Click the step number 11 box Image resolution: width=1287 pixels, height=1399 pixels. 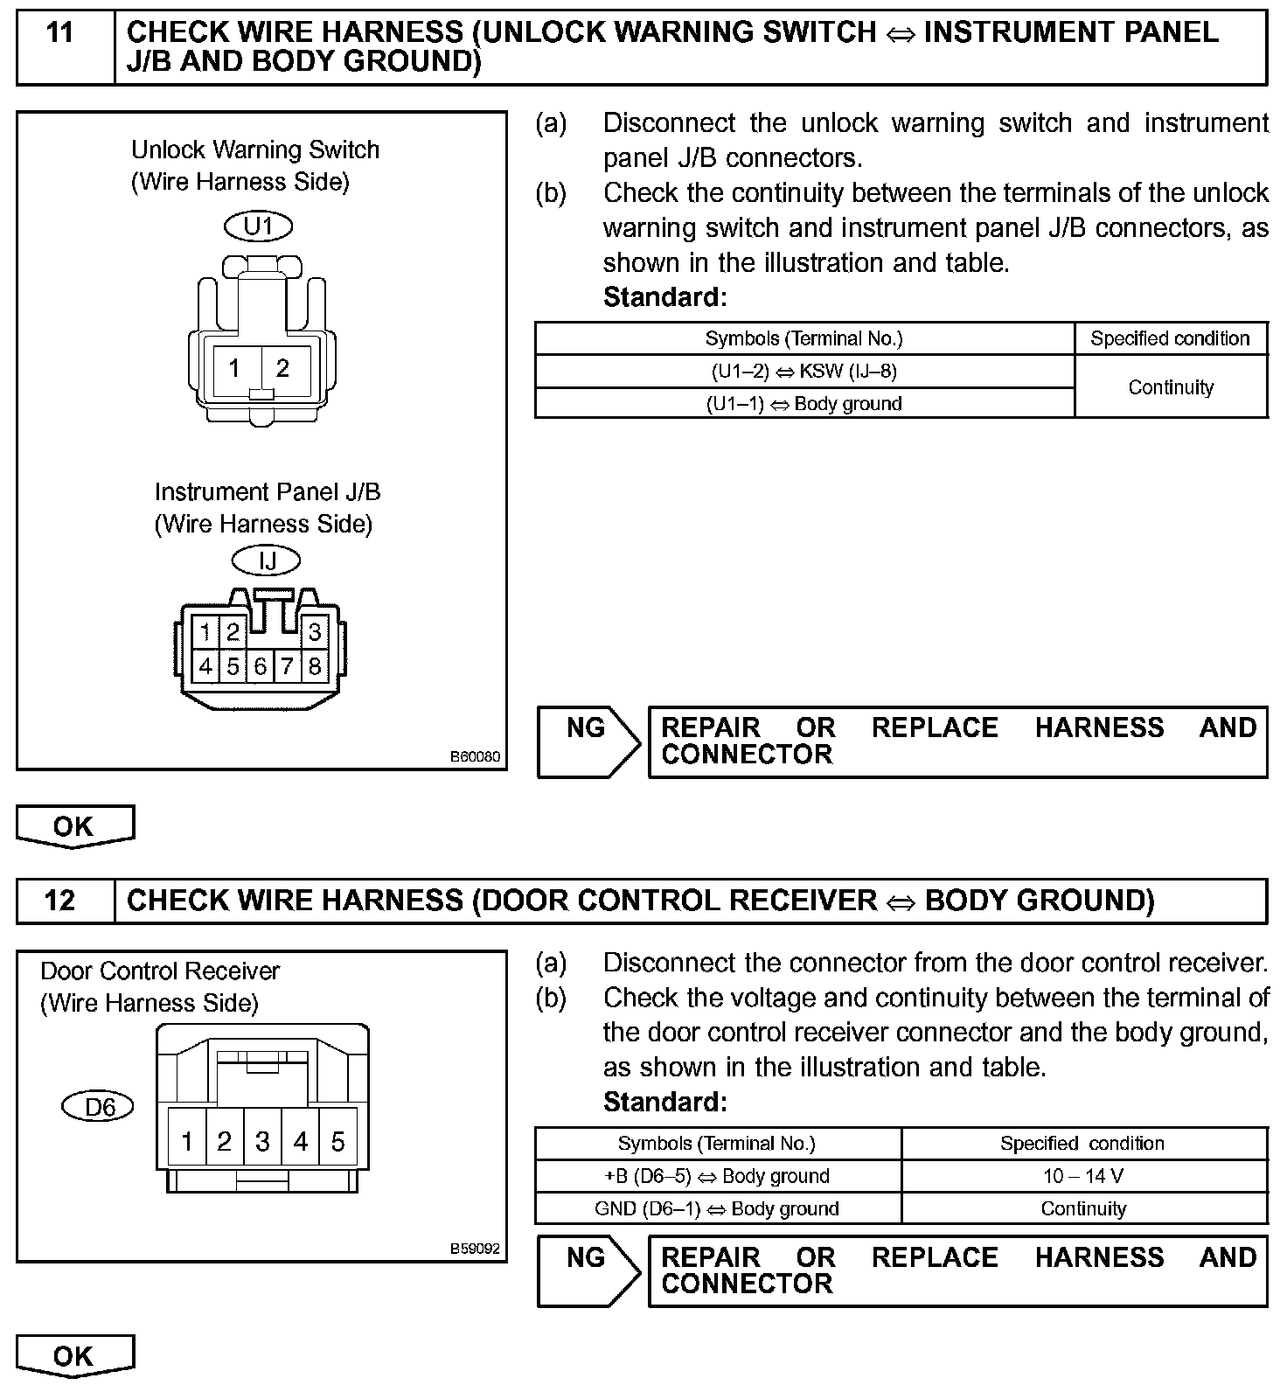[x=60, y=34]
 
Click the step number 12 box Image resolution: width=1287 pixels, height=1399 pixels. [x=60, y=901]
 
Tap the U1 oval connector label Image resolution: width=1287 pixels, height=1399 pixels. [x=259, y=226]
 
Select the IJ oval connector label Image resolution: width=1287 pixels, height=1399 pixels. [x=267, y=560]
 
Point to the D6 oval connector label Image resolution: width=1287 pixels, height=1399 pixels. [x=99, y=1107]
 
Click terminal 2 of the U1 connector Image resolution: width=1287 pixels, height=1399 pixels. [x=282, y=368]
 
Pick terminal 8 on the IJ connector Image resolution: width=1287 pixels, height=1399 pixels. [x=314, y=666]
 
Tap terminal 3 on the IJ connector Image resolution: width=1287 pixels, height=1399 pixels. [x=314, y=631]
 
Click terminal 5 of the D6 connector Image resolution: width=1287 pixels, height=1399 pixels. [x=338, y=1141]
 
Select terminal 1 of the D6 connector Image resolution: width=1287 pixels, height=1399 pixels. [x=186, y=1141]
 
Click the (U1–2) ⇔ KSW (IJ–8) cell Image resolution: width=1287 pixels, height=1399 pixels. [x=804, y=372]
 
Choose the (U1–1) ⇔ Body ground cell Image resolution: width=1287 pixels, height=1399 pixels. [x=804, y=404]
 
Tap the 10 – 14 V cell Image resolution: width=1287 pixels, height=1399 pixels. [x=1083, y=1176]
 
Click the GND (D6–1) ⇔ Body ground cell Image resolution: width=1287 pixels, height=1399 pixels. [x=717, y=1208]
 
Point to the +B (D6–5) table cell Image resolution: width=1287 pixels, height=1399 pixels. [x=717, y=1176]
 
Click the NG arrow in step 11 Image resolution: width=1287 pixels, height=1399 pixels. [x=588, y=741]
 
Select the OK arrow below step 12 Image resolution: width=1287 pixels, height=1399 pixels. [x=74, y=1356]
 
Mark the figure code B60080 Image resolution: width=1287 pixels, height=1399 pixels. [x=476, y=756]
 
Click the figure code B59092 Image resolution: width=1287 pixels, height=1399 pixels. [x=476, y=1249]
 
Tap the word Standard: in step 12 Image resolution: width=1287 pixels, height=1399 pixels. [x=664, y=1103]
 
